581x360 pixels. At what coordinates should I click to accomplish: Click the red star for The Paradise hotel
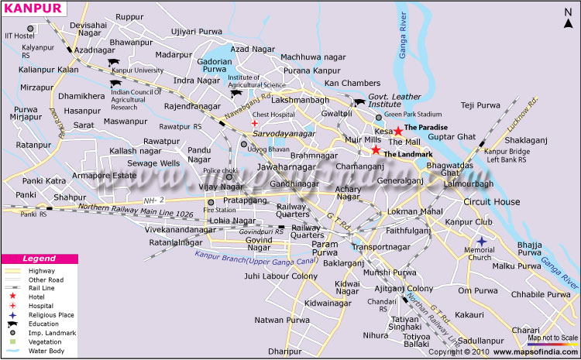[398, 131]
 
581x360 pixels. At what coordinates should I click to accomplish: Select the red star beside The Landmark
[376, 150]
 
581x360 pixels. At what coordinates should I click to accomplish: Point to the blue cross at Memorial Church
[481, 242]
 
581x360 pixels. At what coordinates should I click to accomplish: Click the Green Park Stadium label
[414, 115]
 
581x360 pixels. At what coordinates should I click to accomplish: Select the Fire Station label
[219, 210]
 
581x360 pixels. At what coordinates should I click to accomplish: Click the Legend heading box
[38, 258]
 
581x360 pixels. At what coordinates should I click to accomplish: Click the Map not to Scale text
[552, 338]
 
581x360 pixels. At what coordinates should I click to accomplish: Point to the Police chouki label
[220, 170]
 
